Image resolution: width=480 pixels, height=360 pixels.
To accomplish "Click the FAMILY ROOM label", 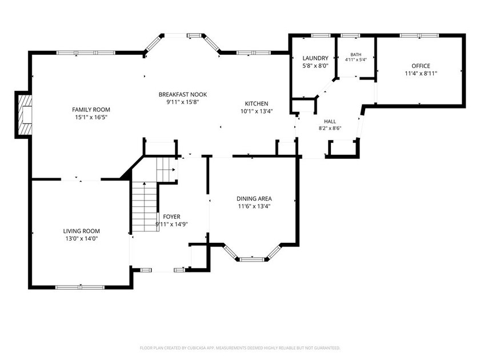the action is pos(91,110).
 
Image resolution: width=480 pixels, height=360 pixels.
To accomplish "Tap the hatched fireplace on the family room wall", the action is pos(25,115).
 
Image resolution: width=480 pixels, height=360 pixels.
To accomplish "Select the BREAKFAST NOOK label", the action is pos(183,95).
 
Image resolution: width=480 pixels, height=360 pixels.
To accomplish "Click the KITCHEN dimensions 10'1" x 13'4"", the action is pos(257,111).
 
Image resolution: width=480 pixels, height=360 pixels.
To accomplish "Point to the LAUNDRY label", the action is pos(315,58).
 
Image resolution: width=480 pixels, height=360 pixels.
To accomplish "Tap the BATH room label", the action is pos(355,54).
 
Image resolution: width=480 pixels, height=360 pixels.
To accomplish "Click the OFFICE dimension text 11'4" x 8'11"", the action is pos(421,74).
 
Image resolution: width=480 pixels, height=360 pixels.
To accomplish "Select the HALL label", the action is pos(330,122).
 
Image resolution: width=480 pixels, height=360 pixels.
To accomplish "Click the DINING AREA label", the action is pos(254,199).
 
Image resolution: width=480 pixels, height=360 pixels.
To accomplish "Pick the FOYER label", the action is pos(172,217).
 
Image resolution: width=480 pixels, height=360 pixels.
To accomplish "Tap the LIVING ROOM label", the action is pos(81,231).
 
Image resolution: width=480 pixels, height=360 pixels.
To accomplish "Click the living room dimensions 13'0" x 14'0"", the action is pos(81,238).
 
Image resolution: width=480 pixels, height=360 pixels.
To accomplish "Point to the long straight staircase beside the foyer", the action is pos(145,207).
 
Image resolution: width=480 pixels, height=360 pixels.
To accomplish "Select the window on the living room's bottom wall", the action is pos(80,287).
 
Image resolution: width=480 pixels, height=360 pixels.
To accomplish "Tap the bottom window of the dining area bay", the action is pos(252,259).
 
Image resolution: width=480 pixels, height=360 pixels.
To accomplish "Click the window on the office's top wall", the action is pos(419,35).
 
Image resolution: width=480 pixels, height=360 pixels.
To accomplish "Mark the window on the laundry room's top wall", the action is pos(321,35).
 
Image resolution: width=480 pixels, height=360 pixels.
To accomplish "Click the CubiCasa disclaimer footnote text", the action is pos(240,348).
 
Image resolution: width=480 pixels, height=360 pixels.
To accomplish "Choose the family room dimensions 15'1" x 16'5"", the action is pos(91,117).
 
